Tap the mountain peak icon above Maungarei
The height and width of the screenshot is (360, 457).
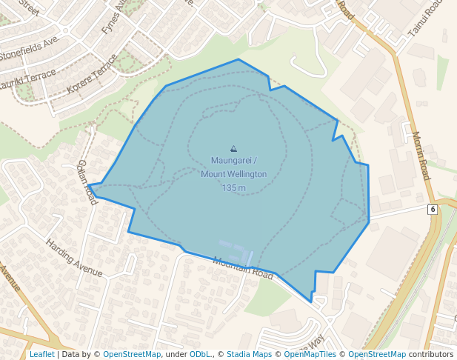tap(234, 149)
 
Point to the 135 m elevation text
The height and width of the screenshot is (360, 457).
tap(233, 188)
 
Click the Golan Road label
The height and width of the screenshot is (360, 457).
tap(87, 182)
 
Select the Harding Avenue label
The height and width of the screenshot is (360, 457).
tap(73, 257)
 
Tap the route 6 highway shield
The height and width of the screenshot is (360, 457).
tap(432, 210)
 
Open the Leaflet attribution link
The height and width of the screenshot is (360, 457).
tap(41, 354)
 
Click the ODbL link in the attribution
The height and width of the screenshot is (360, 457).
tap(200, 354)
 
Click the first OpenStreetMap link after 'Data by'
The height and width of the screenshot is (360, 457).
tap(132, 354)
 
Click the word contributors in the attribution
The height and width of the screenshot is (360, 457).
tap(430, 354)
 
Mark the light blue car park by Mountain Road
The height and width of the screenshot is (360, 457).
tap(236, 253)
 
